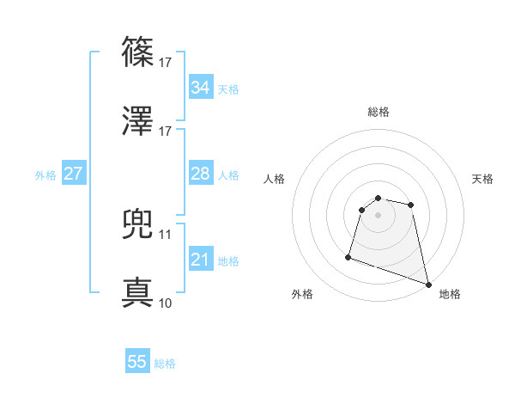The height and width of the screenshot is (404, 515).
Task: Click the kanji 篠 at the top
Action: pos(138,52)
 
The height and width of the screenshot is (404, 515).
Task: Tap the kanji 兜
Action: pos(138,224)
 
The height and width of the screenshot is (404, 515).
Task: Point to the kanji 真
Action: pos(138,293)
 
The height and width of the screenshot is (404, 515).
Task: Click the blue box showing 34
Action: pos(200,88)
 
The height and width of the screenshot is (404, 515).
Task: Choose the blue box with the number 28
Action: pos(200,174)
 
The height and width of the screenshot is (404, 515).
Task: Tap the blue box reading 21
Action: pos(200,260)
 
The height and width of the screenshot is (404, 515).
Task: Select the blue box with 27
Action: pos(73,174)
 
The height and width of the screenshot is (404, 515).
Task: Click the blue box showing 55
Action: pos(137,362)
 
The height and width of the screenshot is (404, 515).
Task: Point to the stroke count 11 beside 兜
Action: pos(166,234)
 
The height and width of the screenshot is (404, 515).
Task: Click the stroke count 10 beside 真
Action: pos(166,303)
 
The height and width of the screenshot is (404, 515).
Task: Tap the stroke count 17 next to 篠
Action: pos(166,62)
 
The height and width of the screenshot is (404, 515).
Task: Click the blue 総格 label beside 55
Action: pos(165,364)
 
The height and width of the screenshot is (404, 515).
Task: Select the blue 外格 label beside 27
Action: pos(45,174)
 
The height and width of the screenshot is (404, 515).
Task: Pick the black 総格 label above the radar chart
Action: pos(379,112)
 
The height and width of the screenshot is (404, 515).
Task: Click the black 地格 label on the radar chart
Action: pos(450,294)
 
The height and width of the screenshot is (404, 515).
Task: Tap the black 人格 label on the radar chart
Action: pos(276,179)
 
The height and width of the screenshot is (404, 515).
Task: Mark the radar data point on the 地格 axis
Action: pos(428,284)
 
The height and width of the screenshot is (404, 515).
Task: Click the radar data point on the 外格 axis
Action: pos(348,257)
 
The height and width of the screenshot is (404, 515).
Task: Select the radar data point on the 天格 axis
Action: pos(411,205)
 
